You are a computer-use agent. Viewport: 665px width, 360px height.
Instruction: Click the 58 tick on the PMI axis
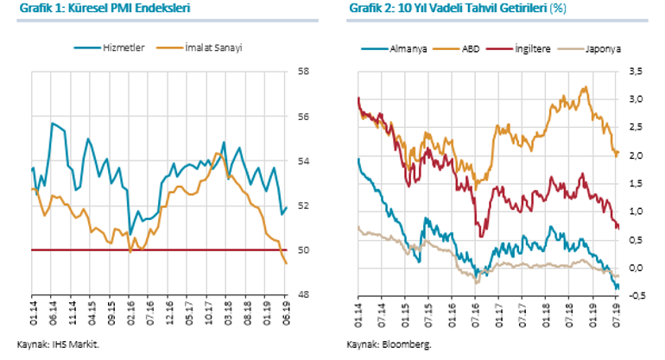click(x=304, y=72)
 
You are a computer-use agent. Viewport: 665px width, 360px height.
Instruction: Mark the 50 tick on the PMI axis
click(x=304, y=250)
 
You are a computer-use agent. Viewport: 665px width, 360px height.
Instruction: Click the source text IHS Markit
click(x=72, y=344)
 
